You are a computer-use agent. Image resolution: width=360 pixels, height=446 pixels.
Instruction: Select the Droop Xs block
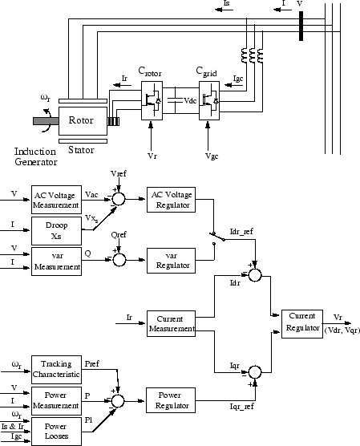coord(55,229)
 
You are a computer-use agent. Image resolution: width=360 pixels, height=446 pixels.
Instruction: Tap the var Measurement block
coord(55,262)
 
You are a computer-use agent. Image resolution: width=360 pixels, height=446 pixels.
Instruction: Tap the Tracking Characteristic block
coord(55,369)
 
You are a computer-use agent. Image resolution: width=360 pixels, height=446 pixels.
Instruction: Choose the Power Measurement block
coord(55,399)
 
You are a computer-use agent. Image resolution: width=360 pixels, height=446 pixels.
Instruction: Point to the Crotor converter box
coord(152,102)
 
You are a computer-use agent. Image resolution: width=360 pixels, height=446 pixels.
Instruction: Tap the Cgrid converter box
coord(209,102)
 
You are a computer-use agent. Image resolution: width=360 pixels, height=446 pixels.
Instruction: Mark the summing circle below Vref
coord(119,197)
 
